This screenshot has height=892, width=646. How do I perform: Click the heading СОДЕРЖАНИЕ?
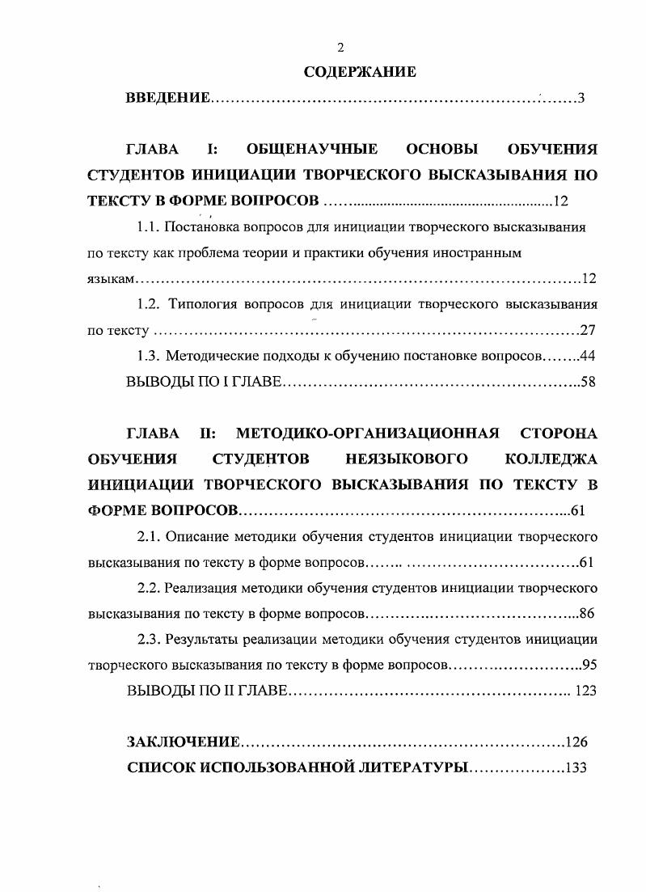click(x=360, y=73)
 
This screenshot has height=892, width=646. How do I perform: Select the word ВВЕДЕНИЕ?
click(x=168, y=99)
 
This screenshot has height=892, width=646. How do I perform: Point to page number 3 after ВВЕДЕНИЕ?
click(x=581, y=99)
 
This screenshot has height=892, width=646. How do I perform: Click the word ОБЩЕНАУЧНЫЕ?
click(x=312, y=149)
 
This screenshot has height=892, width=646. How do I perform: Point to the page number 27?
click(x=589, y=330)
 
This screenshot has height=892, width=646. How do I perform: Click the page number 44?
click(x=589, y=356)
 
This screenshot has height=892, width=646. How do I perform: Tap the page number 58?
click(x=589, y=382)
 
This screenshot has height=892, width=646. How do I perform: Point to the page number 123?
click(x=585, y=691)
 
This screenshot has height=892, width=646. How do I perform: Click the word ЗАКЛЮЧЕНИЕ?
click(x=184, y=742)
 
